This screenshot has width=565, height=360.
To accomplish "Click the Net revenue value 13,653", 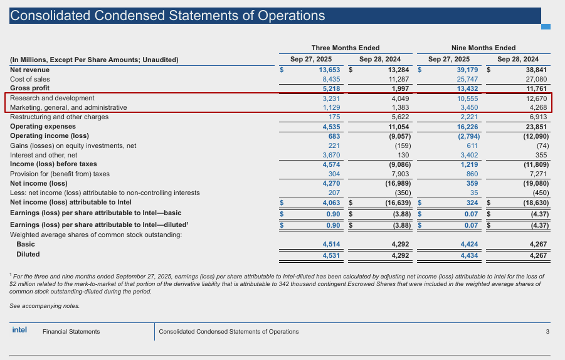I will click(x=330, y=70).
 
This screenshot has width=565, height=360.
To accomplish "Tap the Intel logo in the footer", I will click(x=19, y=331).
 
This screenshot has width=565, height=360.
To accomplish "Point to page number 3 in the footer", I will click(x=547, y=331).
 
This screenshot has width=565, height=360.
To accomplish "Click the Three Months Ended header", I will click(x=346, y=48).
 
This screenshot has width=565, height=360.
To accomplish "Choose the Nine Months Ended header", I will click(x=483, y=48).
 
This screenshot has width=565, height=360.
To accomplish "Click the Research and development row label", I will click(x=52, y=98).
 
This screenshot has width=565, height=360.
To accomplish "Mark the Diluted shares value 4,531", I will click(x=330, y=255).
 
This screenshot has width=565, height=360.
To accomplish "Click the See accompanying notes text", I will click(x=45, y=306).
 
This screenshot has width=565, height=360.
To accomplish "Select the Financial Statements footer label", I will click(x=71, y=331).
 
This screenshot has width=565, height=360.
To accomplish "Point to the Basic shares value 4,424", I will click(x=468, y=244).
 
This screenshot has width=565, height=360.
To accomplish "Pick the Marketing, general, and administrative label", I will click(x=68, y=107).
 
